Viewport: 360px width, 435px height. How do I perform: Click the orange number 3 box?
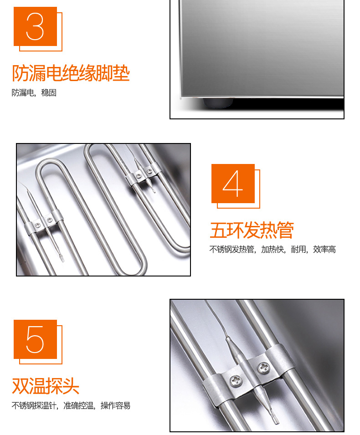pyautogui.click(x=35, y=26)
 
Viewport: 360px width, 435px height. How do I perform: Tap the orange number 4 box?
pyautogui.click(x=233, y=184)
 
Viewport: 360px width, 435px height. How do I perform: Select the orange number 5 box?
pyautogui.click(x=35, y=339)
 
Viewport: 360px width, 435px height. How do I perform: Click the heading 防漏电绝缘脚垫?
pyautogui.click(x=71, y=73)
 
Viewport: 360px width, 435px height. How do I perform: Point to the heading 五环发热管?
pyautogui.click(x=252, y=230)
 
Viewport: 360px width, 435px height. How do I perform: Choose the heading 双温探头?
pyautogui.click(x=46, y=386)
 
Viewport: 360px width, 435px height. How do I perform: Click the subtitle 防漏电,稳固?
pyautogui.click(x=34, y=92)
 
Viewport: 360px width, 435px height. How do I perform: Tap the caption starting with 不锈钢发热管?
pyautogui.click(x=273, y=250)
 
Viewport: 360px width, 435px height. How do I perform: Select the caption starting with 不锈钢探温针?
pyautogui.click(x=71, y=405)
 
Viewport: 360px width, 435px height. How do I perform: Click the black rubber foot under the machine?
pyautogui.click(x=218, y=102)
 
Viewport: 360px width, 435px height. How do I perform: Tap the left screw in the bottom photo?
pyautogui.click(x=236, y=381)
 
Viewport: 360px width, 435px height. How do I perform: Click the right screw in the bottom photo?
pyautogui.click(x=263, y=368)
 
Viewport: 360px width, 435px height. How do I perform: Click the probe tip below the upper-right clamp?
pyautogui.click(x=154, y=190)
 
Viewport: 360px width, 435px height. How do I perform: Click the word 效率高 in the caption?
pyautogui.click(x=324, y=250)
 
